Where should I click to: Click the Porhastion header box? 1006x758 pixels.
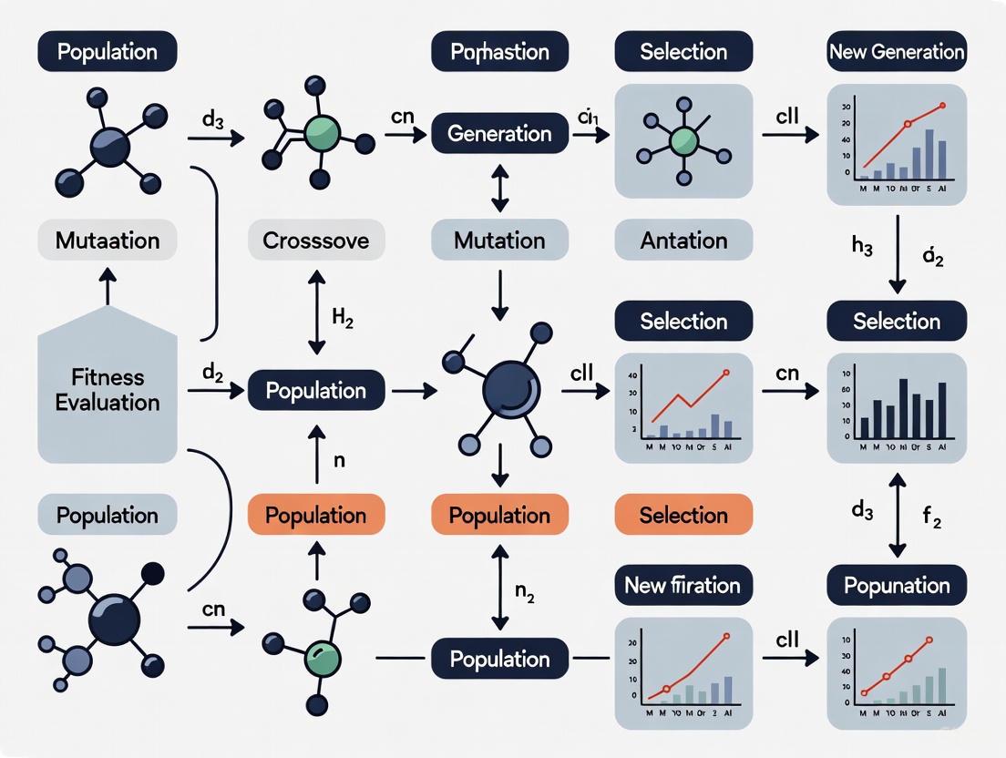click(x=500, y=52)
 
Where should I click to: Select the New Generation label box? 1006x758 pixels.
click(x=897, y=52)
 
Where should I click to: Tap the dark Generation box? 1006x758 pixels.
click(x=500, y=134)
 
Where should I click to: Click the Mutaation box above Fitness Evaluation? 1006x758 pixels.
click(x=108, y=241)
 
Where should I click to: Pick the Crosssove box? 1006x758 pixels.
click(x=316, y=241)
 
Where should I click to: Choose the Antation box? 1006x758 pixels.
click(x=683, y=241)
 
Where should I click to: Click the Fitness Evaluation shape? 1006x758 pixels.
click(x=108, y=390)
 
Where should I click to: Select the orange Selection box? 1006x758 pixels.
click(x=683, y=516)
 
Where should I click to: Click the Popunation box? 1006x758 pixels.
click(x=897, y=585)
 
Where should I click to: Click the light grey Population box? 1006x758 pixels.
click(x=108, y=516)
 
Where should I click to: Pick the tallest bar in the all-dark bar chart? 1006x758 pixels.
click(x=903, y=408)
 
